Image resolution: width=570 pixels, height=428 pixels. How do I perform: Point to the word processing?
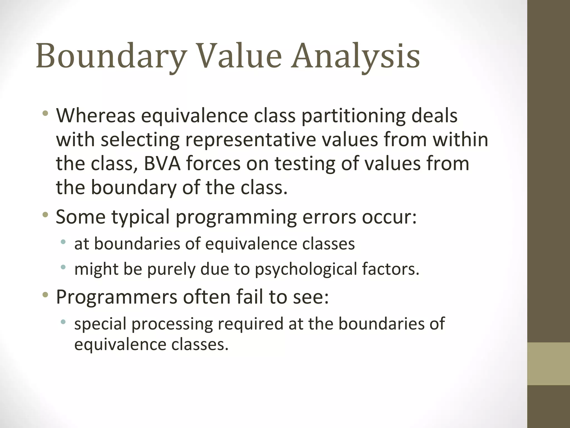(172, 324)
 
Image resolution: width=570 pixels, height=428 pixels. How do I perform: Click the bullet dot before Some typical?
(45, 215)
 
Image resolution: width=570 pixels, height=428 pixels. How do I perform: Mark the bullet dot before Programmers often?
(45, 295)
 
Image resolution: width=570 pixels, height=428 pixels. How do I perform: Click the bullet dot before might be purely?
(63, 267)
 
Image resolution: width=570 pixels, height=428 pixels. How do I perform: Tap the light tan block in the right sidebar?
(549, 364)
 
